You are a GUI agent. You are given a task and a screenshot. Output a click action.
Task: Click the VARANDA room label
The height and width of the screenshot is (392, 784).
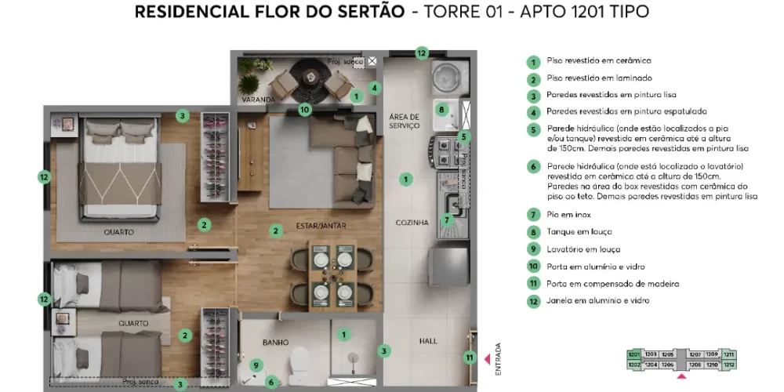[258, 100]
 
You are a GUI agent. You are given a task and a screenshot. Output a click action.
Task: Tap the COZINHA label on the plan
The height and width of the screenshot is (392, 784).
[412, 223]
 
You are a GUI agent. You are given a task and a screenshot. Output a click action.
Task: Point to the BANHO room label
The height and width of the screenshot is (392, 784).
[276, 342]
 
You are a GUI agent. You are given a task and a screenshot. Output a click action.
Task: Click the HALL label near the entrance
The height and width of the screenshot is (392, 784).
[428, 342]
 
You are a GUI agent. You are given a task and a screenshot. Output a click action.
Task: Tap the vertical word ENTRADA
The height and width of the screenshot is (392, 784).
[498, 359]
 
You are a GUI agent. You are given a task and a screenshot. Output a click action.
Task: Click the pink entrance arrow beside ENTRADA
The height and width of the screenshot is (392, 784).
[487, 359]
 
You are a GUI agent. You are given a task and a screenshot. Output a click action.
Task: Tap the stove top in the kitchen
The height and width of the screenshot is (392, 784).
[444, 151]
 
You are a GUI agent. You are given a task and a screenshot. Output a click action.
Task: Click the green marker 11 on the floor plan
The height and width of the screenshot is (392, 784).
[469, 358]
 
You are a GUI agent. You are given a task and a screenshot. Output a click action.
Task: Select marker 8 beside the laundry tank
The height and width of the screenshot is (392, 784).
[441, 110]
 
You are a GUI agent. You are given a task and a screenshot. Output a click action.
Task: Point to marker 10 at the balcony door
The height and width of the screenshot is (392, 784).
[305, 110]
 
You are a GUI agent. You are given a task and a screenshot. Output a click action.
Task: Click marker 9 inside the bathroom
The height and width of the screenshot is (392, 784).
[256, 365]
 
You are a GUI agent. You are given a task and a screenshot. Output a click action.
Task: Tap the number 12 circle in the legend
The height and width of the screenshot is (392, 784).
[533, 301]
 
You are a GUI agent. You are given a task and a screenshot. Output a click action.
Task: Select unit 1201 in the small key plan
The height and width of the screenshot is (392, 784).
[633, 354]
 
